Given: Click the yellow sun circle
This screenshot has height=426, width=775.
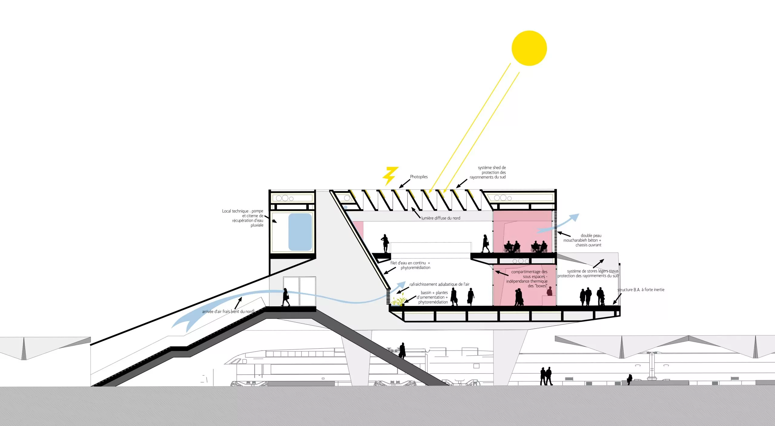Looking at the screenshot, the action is (x=529, y=48).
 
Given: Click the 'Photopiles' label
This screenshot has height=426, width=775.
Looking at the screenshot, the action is (x=419, y=177).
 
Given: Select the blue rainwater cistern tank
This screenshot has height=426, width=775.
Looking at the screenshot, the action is (x=300, y=232).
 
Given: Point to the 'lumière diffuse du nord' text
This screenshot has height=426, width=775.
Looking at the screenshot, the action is (x=440, y=218).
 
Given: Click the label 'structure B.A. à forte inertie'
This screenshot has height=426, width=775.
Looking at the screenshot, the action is (x=641, y=290).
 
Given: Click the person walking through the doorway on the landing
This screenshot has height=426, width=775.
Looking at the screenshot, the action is (x=285, y=297).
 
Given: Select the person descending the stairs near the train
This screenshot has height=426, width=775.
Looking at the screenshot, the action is (x=402, y=351).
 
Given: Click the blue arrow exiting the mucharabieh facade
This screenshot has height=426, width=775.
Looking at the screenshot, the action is (x=558, y=223).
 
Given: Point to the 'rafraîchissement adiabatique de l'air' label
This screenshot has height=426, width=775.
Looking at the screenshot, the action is (x=439, y=284).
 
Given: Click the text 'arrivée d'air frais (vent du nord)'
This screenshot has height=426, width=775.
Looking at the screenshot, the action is (x=228, y=311).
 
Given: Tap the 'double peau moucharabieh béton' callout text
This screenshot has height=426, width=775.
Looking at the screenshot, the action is (x=582, y=240).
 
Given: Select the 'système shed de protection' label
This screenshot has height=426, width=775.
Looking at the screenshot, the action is (x=488, y=172).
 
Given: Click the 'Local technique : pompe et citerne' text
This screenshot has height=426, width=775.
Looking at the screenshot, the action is (x=243, y=218).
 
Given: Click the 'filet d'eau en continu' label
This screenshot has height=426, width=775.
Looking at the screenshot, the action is (x=410, y=265).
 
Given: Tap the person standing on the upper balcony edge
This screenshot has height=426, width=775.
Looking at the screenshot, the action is (x=385, y=243).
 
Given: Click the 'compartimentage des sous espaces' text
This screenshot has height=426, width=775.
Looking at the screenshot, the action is (x=527, y=279).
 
